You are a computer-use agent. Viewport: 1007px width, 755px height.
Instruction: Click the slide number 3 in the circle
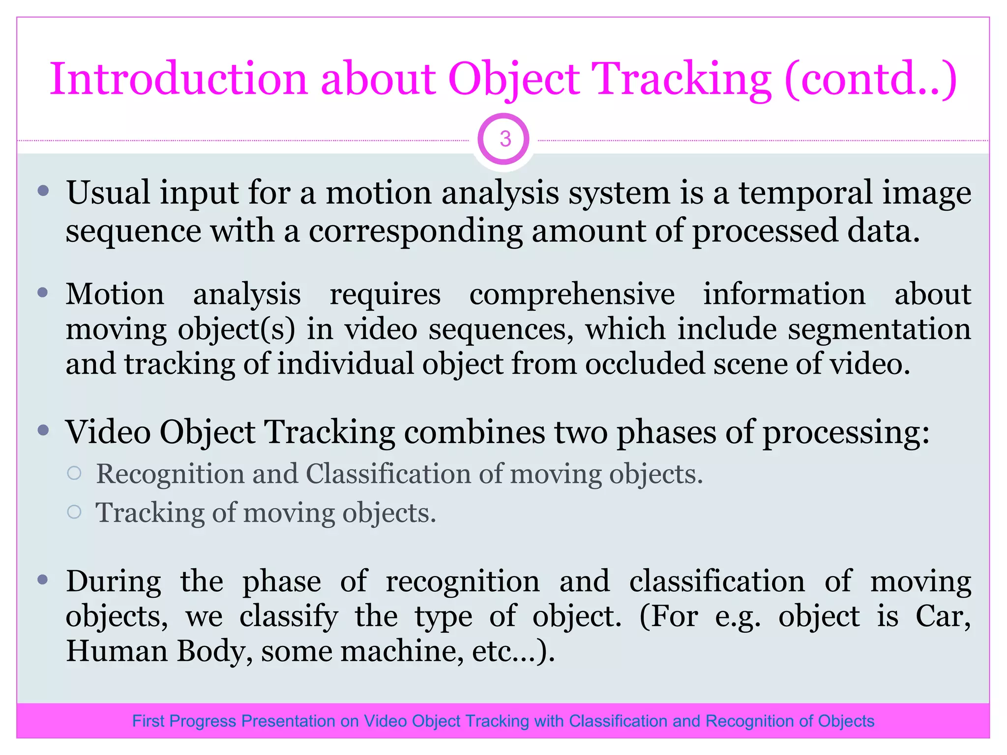coord(504,139)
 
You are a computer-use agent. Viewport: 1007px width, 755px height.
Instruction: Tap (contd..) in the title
coord(870,80)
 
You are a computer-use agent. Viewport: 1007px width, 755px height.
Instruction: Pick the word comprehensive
coord(572,295)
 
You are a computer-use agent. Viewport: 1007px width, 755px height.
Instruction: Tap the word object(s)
coord(236,330)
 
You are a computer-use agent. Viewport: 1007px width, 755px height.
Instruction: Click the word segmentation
coord(879,329)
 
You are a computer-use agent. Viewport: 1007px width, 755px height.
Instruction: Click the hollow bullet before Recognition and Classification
coord(74,473)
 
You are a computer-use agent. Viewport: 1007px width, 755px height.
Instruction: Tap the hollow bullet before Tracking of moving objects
coord(74,512)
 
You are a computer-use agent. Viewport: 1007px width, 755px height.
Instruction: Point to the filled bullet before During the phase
coord(43,580)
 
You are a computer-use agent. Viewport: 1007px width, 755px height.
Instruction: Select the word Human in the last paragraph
coord(117,651)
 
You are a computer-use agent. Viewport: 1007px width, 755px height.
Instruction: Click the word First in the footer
coord(148,721)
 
